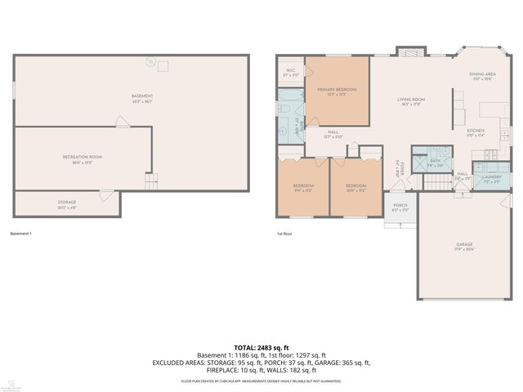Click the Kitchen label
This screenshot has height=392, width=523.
(x=476, y=132)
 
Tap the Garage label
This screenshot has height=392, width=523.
(x=464, y=246)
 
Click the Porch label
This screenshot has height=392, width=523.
(x=400, y=207)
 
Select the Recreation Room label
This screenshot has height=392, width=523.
(x=82, y=158)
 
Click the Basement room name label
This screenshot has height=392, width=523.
(x=142, y=98)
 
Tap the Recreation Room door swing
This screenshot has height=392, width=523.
(x=121, y=122)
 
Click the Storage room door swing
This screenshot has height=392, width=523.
(x=105, y=194)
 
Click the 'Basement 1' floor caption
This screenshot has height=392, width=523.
(x=21, y=234)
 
